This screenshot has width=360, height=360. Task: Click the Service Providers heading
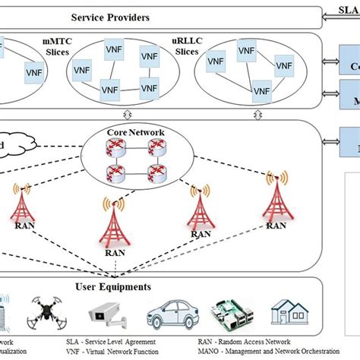pos(129,17)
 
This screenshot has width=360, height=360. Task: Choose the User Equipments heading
pos(123,286)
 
